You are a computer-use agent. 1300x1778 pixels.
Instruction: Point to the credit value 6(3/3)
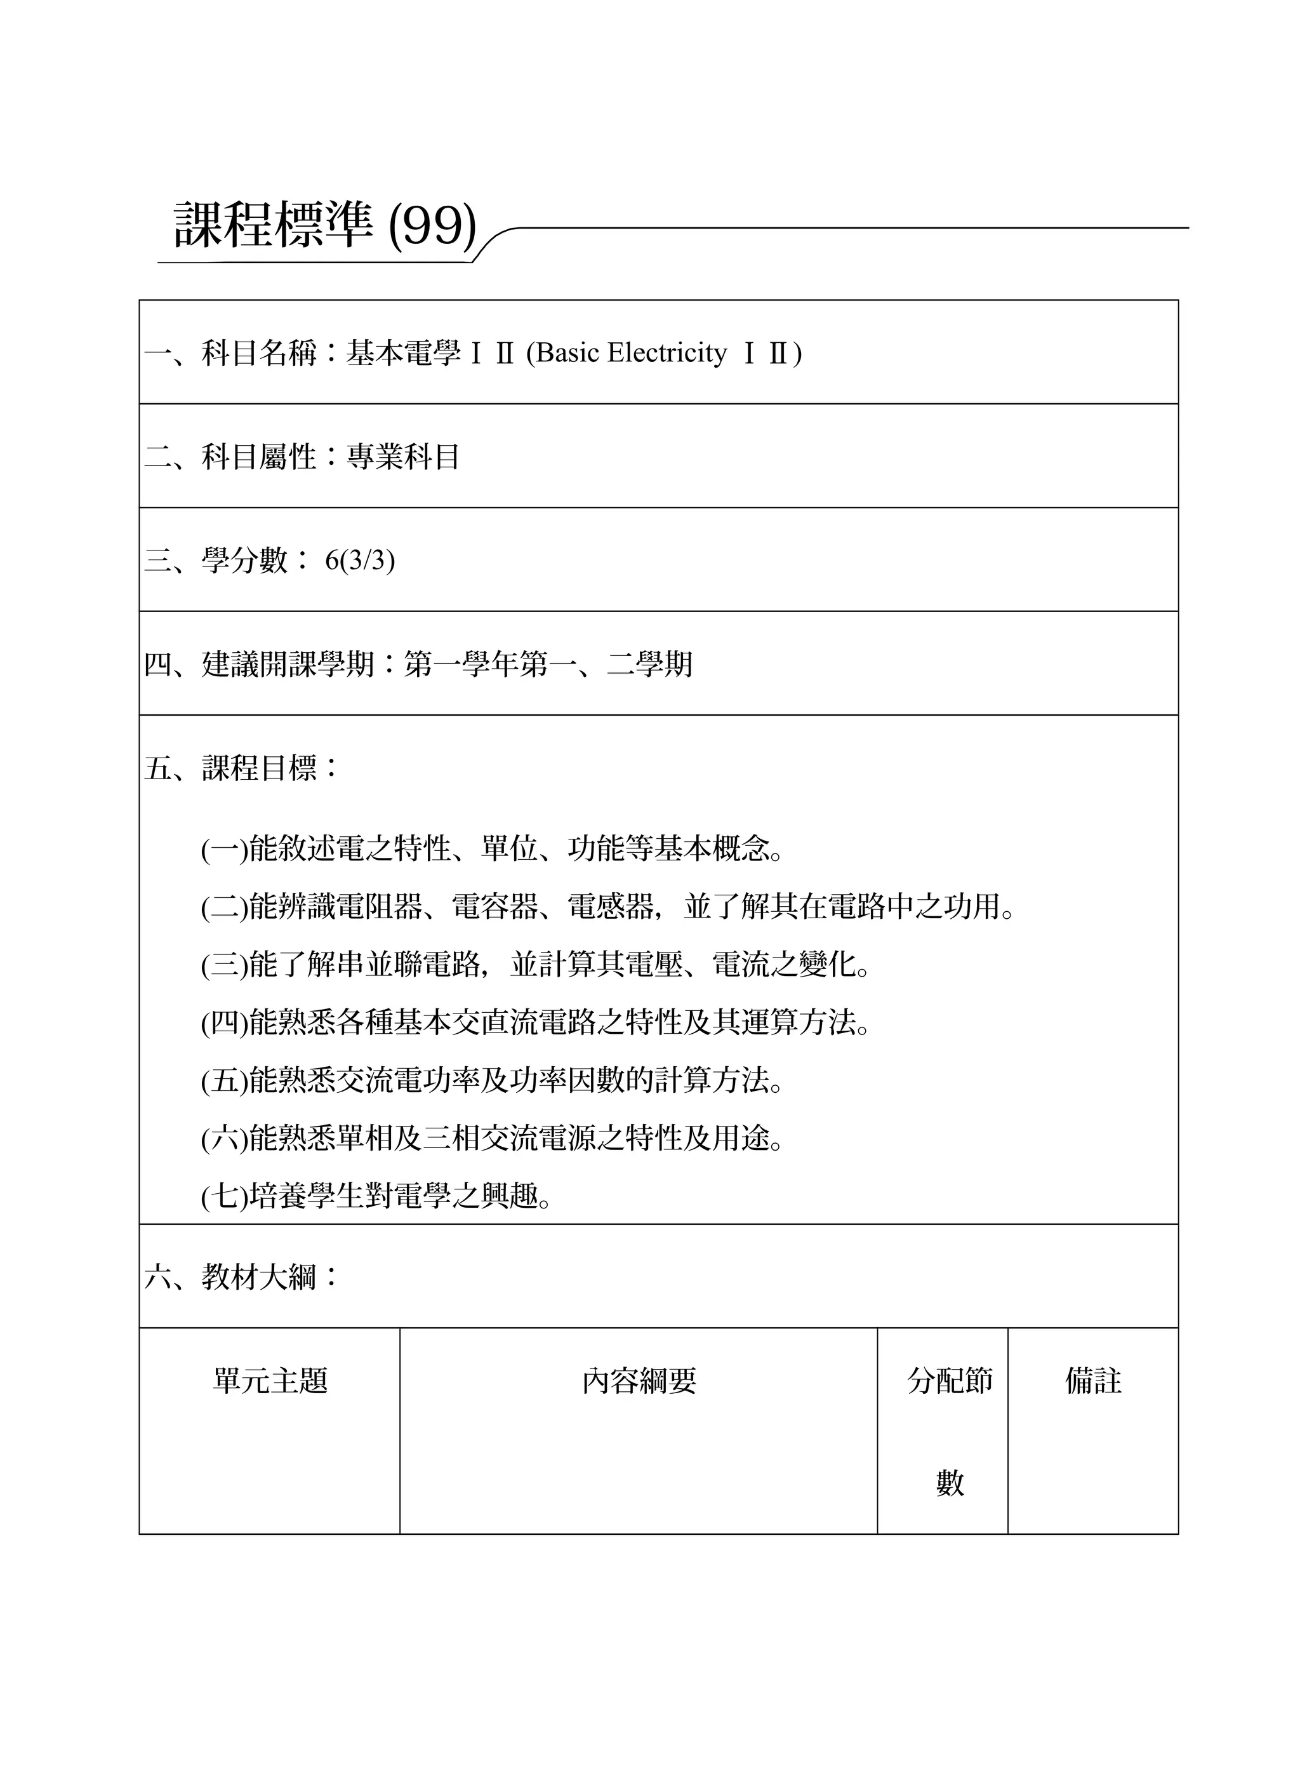coord(360,561)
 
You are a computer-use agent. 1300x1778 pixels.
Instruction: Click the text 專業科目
coord(403,457)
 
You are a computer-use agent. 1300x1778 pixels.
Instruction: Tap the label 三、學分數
coord(216,561)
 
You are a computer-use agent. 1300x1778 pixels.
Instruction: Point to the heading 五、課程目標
coord(230,768)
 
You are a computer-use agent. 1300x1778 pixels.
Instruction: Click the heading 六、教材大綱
coord(230,1276)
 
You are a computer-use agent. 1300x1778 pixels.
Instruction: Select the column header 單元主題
coord(270,1380)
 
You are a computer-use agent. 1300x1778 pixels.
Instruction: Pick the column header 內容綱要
coord(639,1380)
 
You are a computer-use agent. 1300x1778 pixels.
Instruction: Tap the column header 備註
coord(1093,1380)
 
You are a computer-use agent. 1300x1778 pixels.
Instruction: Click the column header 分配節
coord(950,1380)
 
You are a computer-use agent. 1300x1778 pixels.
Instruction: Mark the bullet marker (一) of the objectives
coord(224,849)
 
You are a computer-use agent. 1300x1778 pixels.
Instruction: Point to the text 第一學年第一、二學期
coord(548,664)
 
